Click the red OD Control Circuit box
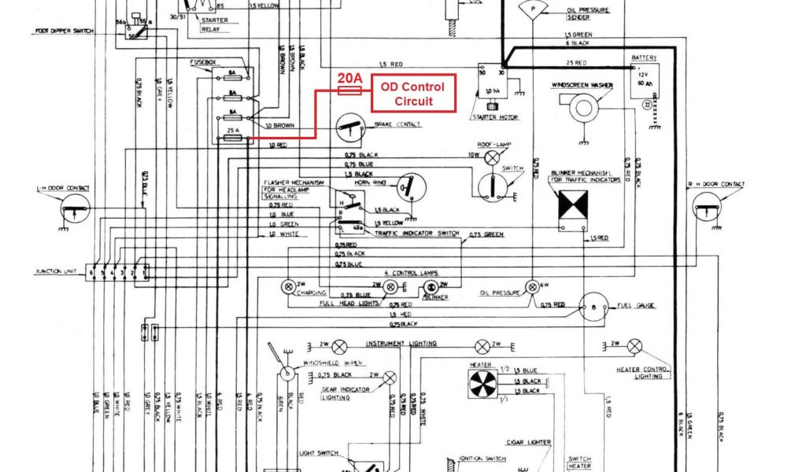pos(413,94)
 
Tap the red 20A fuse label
pos(349,79)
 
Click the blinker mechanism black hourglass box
pos(572,207)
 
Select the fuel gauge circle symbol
pos(592,306)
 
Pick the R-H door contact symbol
pos(707,208)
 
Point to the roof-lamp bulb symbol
pos(493,158)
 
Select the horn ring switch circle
pos(411,186)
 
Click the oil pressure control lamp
pos(534,285)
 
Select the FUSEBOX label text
pos(202,61)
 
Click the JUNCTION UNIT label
pos(53,271)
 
